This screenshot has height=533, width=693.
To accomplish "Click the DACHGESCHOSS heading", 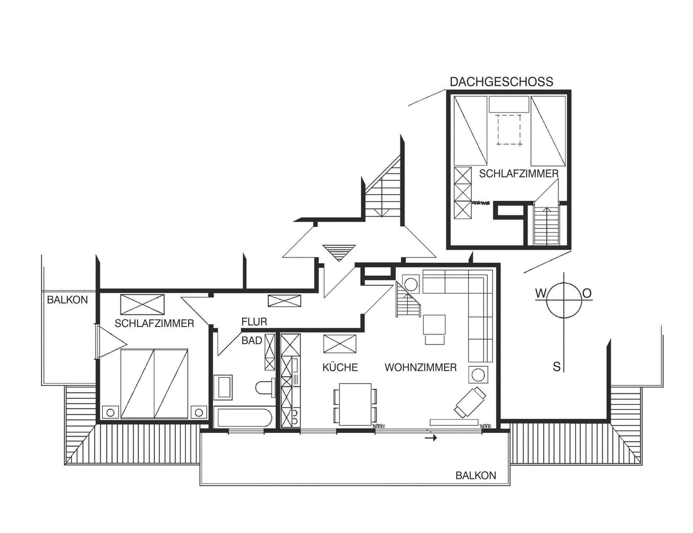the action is pyautogui.click(x=501, y=82).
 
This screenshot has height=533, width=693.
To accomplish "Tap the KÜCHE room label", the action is pyautogui.click(x=340, y=367).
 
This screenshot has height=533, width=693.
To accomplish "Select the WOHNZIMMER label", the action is pyautogui.click(x=420, y=367).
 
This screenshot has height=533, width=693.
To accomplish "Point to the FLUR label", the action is pyautogui.click(x=254, y=322).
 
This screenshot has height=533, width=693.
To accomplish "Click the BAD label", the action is pyautogui.click(x=252, y=340).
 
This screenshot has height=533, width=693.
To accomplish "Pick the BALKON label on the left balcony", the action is pyautogui.click(x=67, y=300).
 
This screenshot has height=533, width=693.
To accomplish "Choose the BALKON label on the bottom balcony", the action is pyautogui.click(x=476, y=475).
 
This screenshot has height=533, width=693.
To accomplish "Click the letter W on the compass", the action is pyautogui.click(x=540, y=294).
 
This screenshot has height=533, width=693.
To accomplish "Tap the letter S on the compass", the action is pyautogui.click(x=557, y=367).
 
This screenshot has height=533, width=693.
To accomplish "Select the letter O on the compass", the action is pyautogui.click(x=587, y=294).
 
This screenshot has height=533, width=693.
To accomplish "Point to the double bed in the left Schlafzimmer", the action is pyautogui.click(x=154, y=383).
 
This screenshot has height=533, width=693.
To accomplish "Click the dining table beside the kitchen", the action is pyautogui.click(x=354, y=404).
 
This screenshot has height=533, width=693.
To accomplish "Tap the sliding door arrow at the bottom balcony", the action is pyautogui.click(x=431, y=438).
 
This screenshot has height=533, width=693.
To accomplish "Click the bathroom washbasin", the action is pyautogui.click(x=223, y=386).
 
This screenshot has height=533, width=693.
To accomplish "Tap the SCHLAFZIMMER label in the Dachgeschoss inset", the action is pyautogui.click(x=519, y=174).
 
